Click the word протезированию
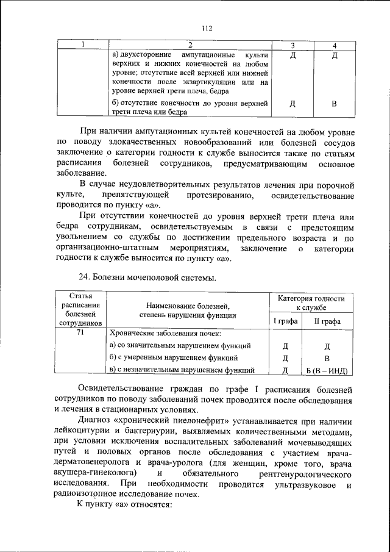(x=211, y=196)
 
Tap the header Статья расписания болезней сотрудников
(x=82, y=309)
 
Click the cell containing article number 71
(x=82, y=334)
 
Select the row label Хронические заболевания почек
(x=165, y=334)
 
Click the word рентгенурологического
(x=302, y=473)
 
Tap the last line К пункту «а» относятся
(x=126, y=506)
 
